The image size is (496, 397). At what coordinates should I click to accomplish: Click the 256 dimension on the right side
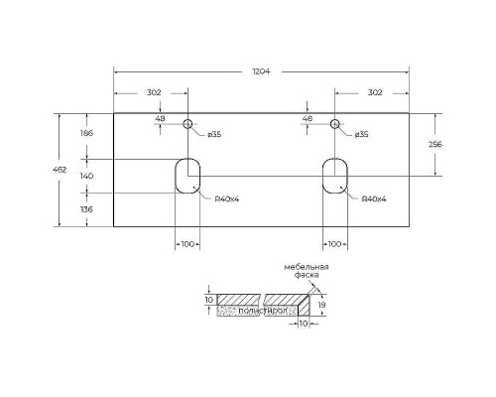[x=434, y=145]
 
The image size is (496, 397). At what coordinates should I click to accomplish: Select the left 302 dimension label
[x=154, y=92]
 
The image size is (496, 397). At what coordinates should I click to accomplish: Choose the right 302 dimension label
[x=373, y=92]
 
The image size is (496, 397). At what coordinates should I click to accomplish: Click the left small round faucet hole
[x=187, y=124]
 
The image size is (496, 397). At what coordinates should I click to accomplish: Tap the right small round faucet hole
[x=335, y=124]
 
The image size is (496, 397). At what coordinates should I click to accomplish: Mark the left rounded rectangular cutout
[x=186, y=175]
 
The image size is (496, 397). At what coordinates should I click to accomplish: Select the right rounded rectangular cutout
[x=335, y=175]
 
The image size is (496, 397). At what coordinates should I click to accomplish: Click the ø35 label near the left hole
[x=214, y=135]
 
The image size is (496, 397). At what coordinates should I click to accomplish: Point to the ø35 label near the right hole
[x=361, y=135]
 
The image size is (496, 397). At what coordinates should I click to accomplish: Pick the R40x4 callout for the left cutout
[x=226, y=198]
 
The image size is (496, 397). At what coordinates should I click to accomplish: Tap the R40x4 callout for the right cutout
[x=374, y=198]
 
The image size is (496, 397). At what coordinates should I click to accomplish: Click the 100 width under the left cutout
[x=186, y=244]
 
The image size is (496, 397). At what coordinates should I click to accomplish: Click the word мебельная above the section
[x=308, y=268]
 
